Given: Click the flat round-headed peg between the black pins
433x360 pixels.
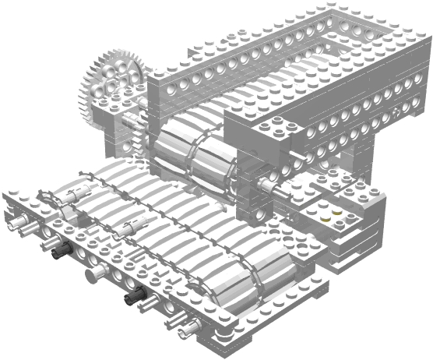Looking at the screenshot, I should click(94, 273).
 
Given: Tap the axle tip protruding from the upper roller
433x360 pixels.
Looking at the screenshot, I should click(269, 185).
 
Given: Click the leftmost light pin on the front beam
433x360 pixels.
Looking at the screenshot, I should click(16, 224).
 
